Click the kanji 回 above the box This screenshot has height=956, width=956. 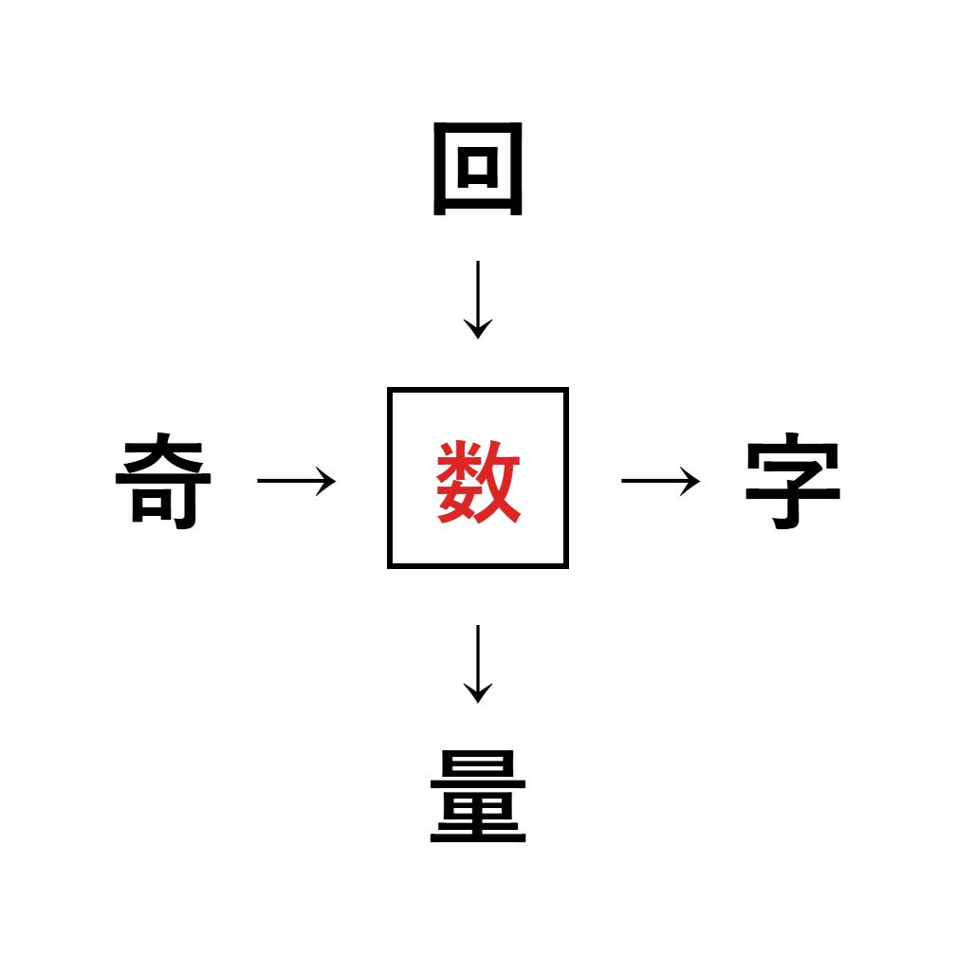coord(477,169)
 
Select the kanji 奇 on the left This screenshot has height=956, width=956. coord(163,481)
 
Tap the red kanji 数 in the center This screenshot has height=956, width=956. coord(478,481)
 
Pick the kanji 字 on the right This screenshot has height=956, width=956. coord(793,481)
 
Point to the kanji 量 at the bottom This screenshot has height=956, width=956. coord(478,797)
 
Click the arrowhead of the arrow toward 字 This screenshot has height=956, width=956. coord(690,481)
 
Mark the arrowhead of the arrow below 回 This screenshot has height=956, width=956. coord(478,329)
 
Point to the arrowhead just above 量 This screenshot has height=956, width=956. coord(478,693)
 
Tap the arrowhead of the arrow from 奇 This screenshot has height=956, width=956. coord(327,481)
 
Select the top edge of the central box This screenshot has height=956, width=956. coord(478,390)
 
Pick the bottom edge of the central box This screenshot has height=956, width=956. coord(478,566)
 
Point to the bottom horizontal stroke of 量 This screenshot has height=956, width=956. coord(478,838)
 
